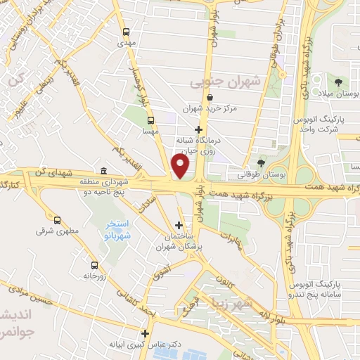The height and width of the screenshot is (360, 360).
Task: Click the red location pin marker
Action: click(x=181, y=167)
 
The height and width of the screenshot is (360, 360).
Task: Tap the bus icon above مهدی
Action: click(x=125, y=32)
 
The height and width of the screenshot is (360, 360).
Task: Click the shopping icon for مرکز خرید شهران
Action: click(x=211, y=98)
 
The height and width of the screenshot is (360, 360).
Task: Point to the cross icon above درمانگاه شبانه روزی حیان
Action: click(x=199, y=129)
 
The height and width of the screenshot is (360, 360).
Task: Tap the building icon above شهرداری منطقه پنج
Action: click(x=103, y=171)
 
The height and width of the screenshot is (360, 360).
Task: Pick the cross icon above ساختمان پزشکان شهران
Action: click(x=179, y=226)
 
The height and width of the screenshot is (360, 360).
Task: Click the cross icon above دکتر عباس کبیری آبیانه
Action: click(x=146, y=333)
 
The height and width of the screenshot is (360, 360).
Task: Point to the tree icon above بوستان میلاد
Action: click(x=339, y=84)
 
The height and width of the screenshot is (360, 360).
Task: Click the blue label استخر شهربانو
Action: click(x=108, y=231)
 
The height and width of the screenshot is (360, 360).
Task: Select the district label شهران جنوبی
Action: click(x=225, y=82)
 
